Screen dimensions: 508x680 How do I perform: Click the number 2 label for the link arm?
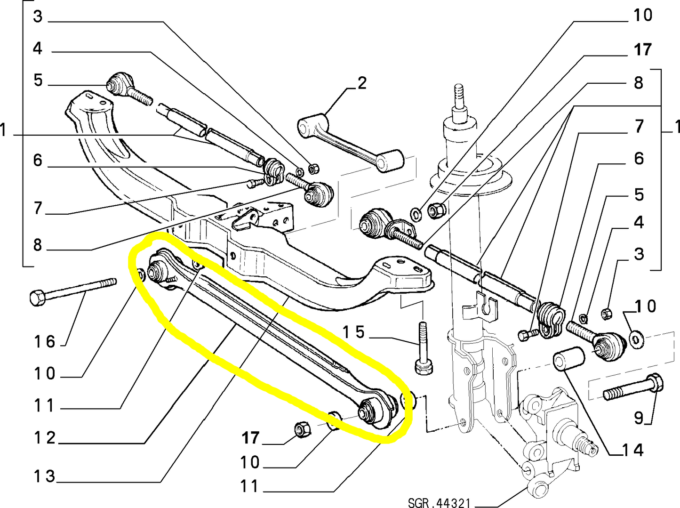point(361,83)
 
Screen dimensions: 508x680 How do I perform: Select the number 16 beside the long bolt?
point(44,341)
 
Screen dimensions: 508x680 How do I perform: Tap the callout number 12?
point(44,438)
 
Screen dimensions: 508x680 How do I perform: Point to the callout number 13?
point(44,476)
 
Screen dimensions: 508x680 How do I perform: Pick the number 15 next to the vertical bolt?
point(353,332)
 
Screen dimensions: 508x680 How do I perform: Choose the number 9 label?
point(638,417)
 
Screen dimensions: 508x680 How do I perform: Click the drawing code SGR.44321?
point(439,503)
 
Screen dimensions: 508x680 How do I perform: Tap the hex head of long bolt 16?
point(37,298)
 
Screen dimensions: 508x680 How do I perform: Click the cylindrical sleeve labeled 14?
point(568,360)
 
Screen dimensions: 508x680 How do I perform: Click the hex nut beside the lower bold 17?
point(301,429)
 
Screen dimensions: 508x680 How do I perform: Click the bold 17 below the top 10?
point(642,49)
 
